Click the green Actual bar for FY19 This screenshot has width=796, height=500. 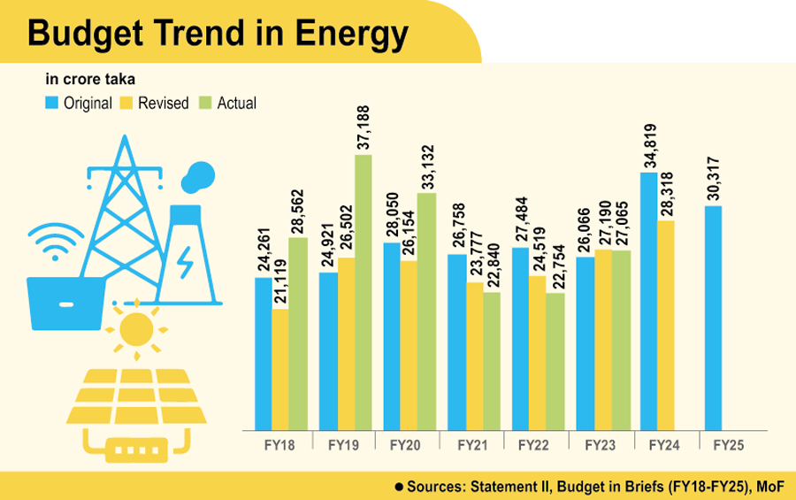point(363,292)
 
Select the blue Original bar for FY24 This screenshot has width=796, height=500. point(648,301)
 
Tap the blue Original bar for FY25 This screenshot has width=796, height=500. point(713,318)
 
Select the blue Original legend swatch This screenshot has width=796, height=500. point(52,103)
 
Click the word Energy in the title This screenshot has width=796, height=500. point(348,34)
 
